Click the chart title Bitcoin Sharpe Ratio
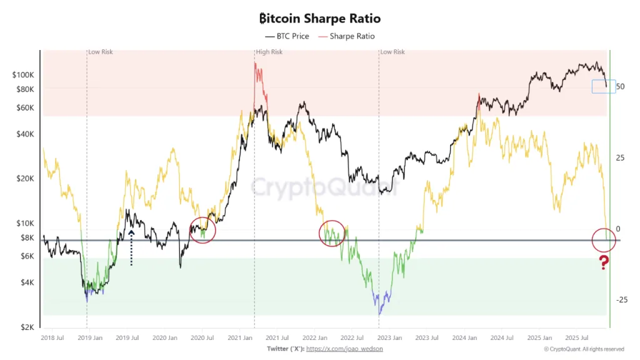319,19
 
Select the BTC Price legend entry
287,36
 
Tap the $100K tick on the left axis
24,75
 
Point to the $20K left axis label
26,179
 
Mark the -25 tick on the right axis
620,300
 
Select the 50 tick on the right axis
620,86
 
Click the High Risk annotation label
269,52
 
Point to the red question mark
603,263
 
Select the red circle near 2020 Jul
202,231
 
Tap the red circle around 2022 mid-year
332,233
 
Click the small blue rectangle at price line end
604,86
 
